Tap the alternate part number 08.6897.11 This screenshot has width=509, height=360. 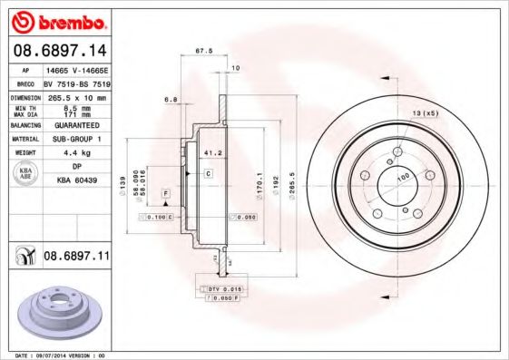point(76,258)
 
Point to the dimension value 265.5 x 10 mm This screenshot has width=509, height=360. point(76,96)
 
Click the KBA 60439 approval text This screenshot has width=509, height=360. point(76,181)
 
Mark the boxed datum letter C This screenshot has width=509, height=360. point(208,172)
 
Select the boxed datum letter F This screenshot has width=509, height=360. point(166,194)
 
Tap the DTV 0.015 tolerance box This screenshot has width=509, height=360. point(220,288)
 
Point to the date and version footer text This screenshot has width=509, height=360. point(54,355)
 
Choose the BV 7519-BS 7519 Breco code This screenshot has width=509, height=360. point(76,82)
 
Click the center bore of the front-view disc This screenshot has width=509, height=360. point(396,179)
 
